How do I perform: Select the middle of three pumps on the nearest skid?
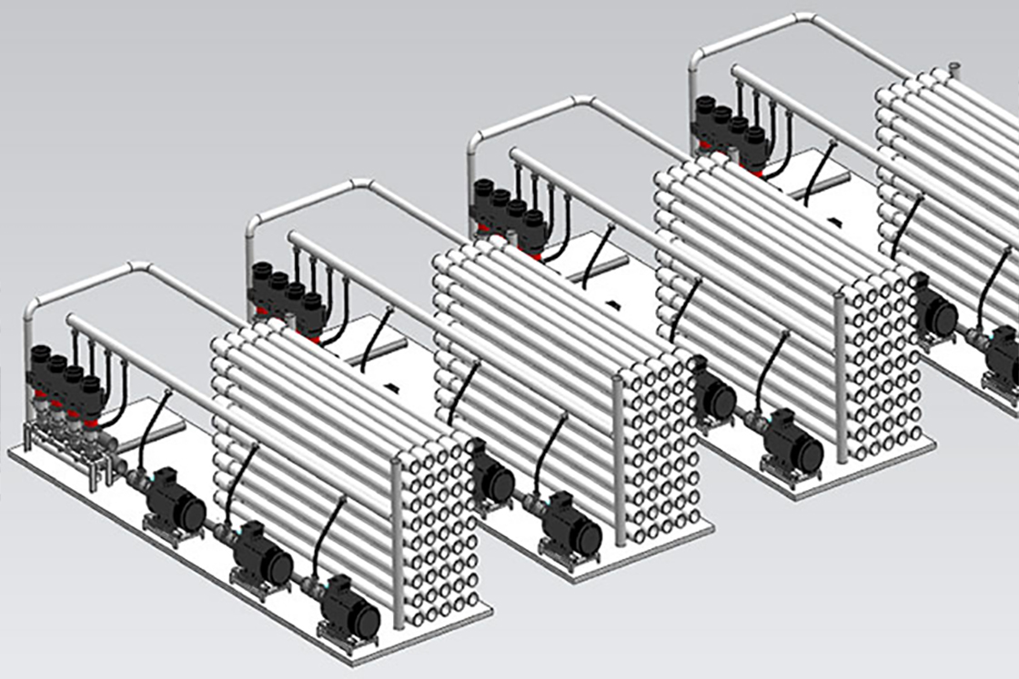click(x=262, y=555)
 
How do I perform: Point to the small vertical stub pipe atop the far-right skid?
click(x=953, y=69)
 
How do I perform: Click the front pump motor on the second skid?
click(x=571, y=525)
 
